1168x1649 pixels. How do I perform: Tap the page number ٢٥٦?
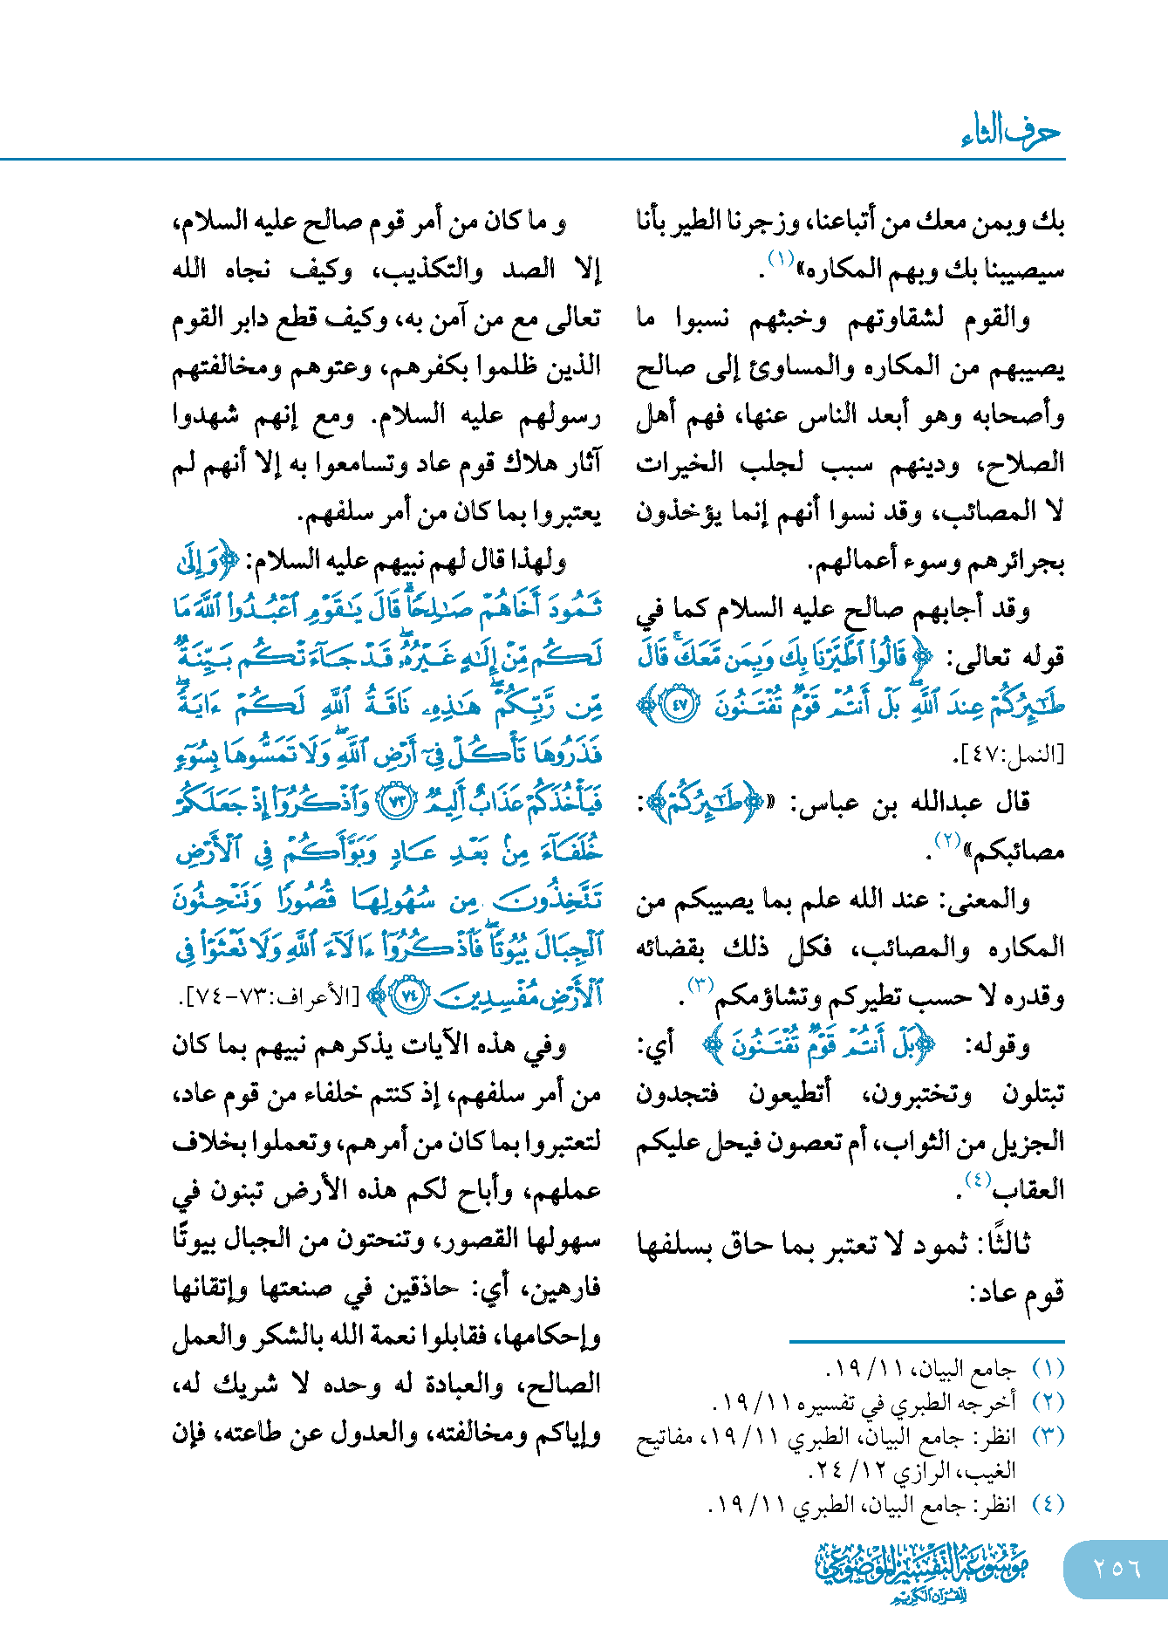(1117, 1568)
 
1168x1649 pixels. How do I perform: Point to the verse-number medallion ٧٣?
(399, 801)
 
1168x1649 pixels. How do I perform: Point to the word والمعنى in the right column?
(986, 900)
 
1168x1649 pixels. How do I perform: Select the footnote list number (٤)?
(1048, 1504)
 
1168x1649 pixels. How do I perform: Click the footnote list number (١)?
(1048, 1367)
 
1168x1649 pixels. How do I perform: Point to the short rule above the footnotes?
(926, 1341)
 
